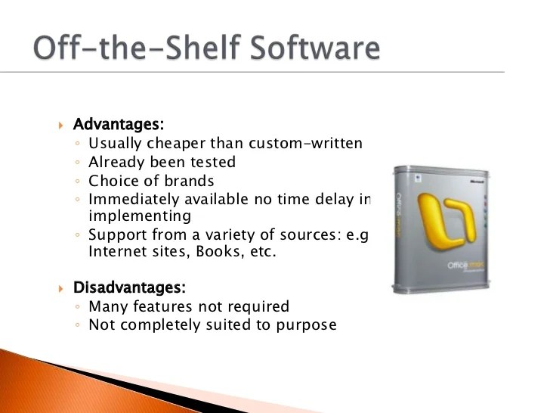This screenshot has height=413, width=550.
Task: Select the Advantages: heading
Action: point(118,123)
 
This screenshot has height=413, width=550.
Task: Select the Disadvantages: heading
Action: point(128,287)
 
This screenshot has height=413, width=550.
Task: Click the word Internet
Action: point(114,252)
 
